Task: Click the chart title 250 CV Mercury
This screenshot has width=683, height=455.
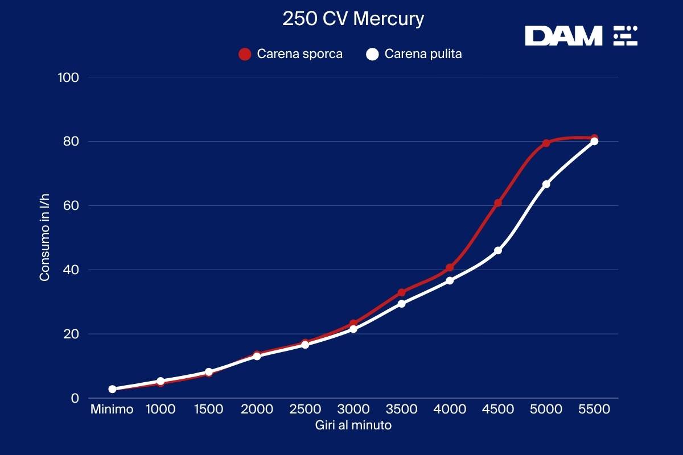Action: [x=353, y=19]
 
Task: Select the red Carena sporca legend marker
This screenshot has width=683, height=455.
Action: [x=245, y=55]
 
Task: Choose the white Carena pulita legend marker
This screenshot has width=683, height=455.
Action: [x=372, y=55]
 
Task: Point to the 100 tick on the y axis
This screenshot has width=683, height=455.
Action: [x=68, y=77]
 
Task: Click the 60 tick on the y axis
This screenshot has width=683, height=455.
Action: [x=71, y=205]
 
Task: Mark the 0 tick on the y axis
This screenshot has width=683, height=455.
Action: [x=75, y=398]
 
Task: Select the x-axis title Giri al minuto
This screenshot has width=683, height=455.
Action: [x=353, y=425]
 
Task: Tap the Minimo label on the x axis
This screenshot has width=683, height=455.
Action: [x=112, y=409]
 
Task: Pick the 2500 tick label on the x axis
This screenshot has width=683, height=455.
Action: [x=305, y=409]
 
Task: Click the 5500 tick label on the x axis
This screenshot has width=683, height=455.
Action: [x=594, y=409]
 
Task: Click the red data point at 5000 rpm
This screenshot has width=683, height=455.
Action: [x=546, y=143]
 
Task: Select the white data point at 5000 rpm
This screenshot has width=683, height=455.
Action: [x=546, y=184]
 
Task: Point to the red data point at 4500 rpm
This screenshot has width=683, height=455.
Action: [x=498, y=203]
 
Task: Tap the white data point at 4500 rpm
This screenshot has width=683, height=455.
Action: [x=498, y=251]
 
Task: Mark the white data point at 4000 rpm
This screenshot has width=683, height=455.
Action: [x=450, y=280]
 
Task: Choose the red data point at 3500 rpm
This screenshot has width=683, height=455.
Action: [x=401, y=292]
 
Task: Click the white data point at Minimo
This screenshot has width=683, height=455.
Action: [x=112, y=389]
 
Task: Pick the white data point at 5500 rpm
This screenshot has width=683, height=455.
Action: [x=594, y=141]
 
